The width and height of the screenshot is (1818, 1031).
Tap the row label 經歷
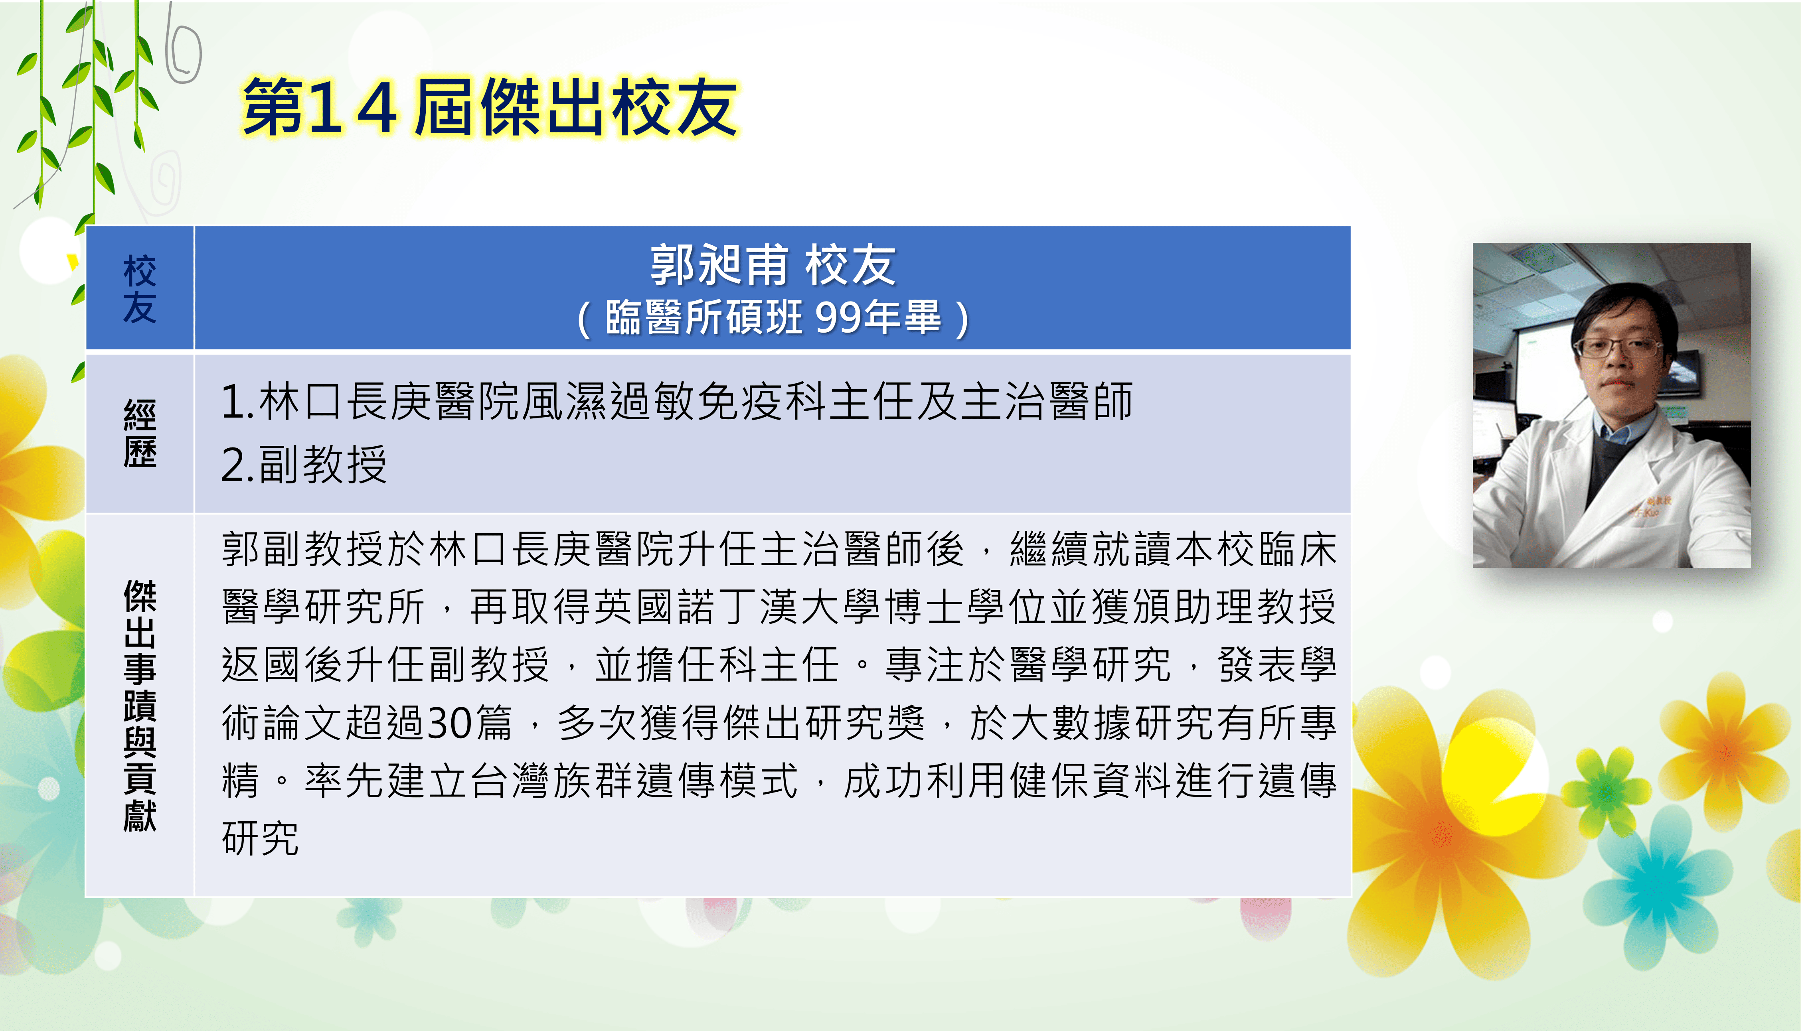tap(140, 434)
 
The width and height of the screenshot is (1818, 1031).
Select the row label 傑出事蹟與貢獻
tap(140, 705)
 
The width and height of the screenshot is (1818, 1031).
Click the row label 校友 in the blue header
tap(140, 289)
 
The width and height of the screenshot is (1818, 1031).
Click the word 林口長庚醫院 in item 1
tap(389, 402)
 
